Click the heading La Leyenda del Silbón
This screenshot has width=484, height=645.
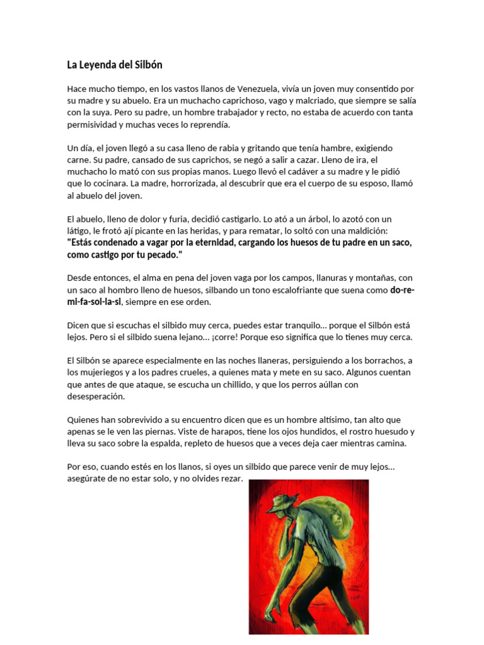point(115,65)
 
